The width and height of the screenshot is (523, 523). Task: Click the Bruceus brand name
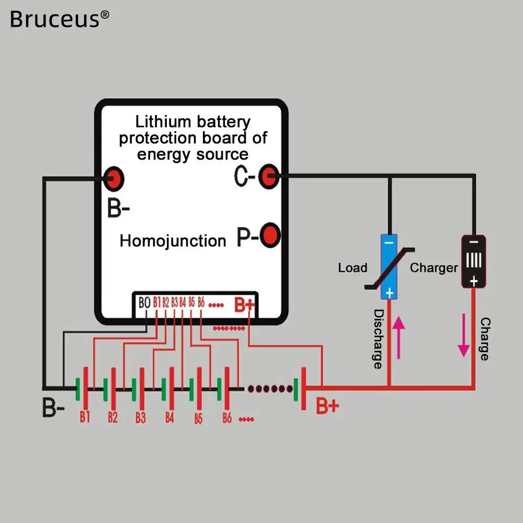point(60,19)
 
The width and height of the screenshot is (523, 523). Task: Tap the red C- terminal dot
point(269,176)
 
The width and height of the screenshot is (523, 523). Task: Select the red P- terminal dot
point(270,235)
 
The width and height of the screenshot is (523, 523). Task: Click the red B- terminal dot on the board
point(113,179)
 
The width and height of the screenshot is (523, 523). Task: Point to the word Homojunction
point(173,241)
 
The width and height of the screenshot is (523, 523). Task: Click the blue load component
point(389,267)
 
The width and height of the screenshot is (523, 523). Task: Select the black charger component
point(474,261)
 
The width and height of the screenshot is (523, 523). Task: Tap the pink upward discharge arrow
point(399,337)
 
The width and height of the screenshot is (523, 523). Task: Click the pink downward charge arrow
point(463,335)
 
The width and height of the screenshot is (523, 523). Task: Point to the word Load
point(353,267)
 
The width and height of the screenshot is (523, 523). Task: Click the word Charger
point(434,268)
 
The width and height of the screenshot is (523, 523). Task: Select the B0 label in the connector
point(144,303)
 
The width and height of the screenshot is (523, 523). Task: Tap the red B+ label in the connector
point(244,304)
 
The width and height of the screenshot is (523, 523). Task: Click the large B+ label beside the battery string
point(327,406)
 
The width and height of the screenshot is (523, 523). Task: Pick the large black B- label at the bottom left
point(53,407)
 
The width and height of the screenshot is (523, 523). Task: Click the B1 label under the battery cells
point(85,417)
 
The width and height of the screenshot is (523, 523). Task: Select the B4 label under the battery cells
point(169,417)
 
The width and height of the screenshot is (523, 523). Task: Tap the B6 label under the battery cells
point(227,417)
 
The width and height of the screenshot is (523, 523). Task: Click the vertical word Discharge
point(378,339)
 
